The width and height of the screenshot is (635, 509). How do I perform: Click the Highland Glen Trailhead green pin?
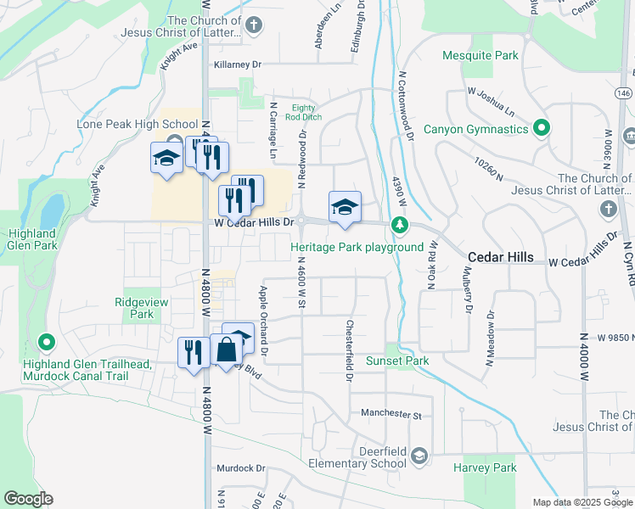pos(47,344)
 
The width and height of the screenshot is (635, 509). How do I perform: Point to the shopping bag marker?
pos(227,350)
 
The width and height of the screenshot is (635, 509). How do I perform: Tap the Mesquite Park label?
pos(480,56)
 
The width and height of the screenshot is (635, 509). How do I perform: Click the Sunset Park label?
pos(396,361)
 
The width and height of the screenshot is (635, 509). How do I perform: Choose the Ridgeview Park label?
pos(135,307)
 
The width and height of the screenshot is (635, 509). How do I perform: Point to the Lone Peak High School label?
pos(125,124)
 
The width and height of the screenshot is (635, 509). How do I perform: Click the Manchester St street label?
pos(391,415)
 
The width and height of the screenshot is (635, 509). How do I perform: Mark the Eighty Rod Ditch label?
pos(302,113)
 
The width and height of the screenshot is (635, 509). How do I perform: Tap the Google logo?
pos(28,499)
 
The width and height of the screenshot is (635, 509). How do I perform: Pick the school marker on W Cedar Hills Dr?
pos(345,206)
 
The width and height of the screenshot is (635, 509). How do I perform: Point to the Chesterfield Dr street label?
pos(348,350)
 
